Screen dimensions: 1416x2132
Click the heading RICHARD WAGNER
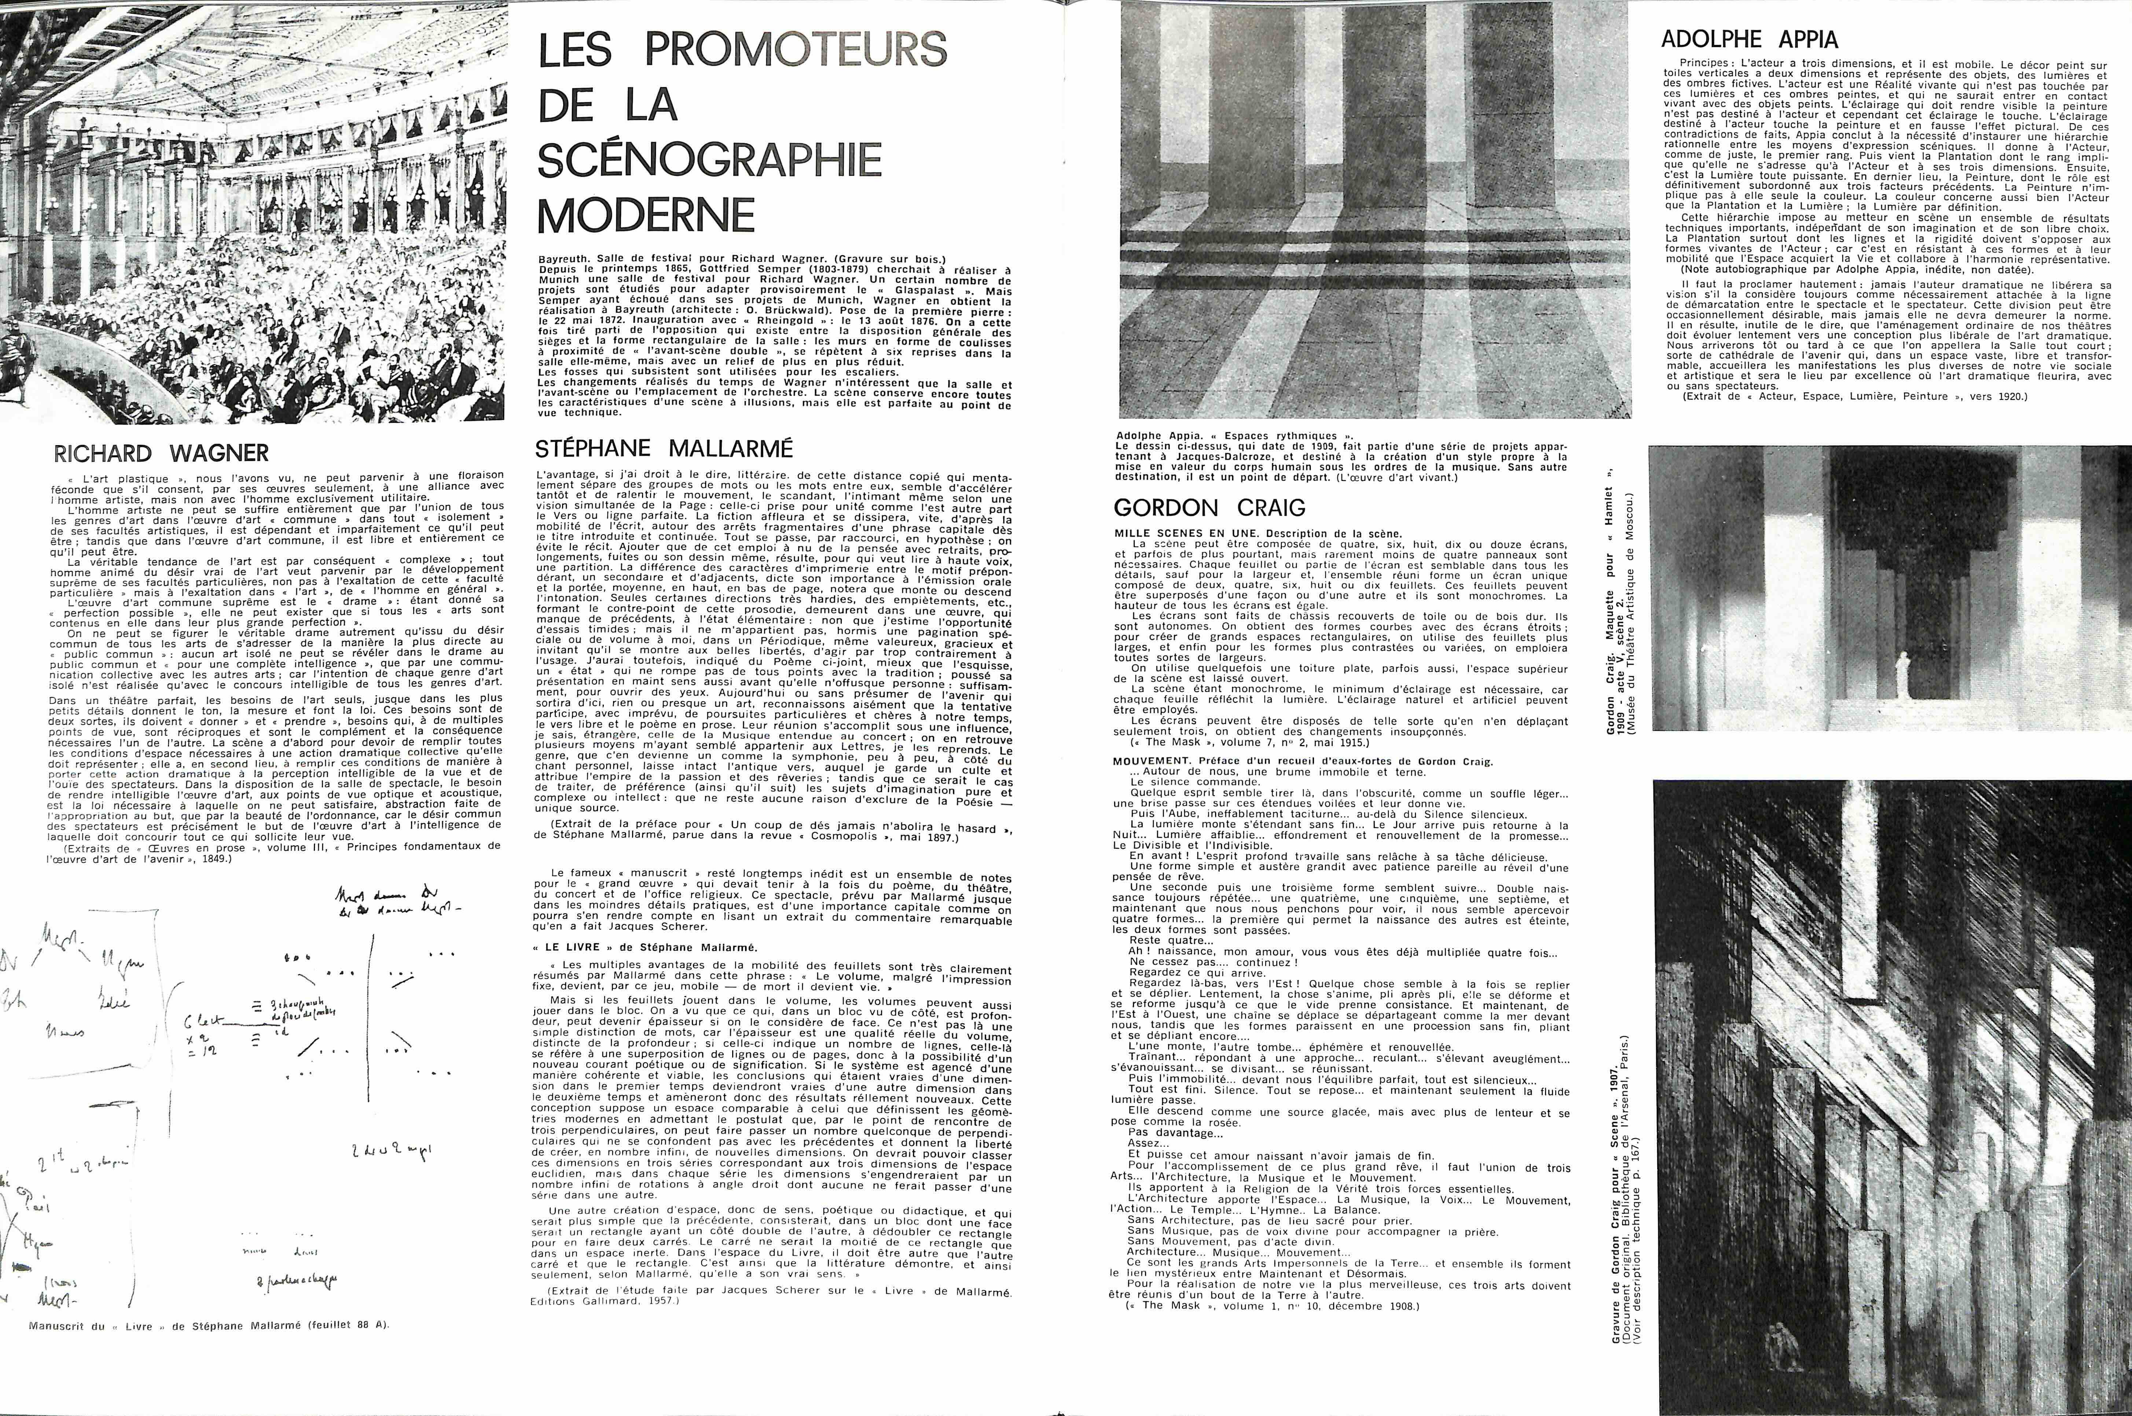pos(162,452)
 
